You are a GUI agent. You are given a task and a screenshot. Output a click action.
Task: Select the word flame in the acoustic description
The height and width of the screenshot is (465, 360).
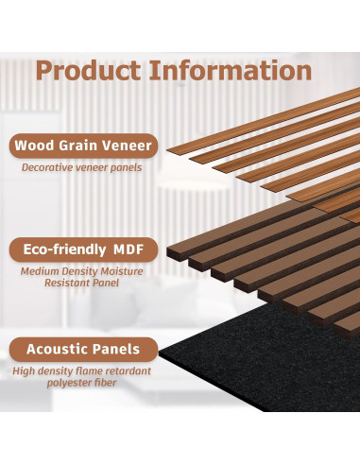pyautogui.click(x=86, y=370)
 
